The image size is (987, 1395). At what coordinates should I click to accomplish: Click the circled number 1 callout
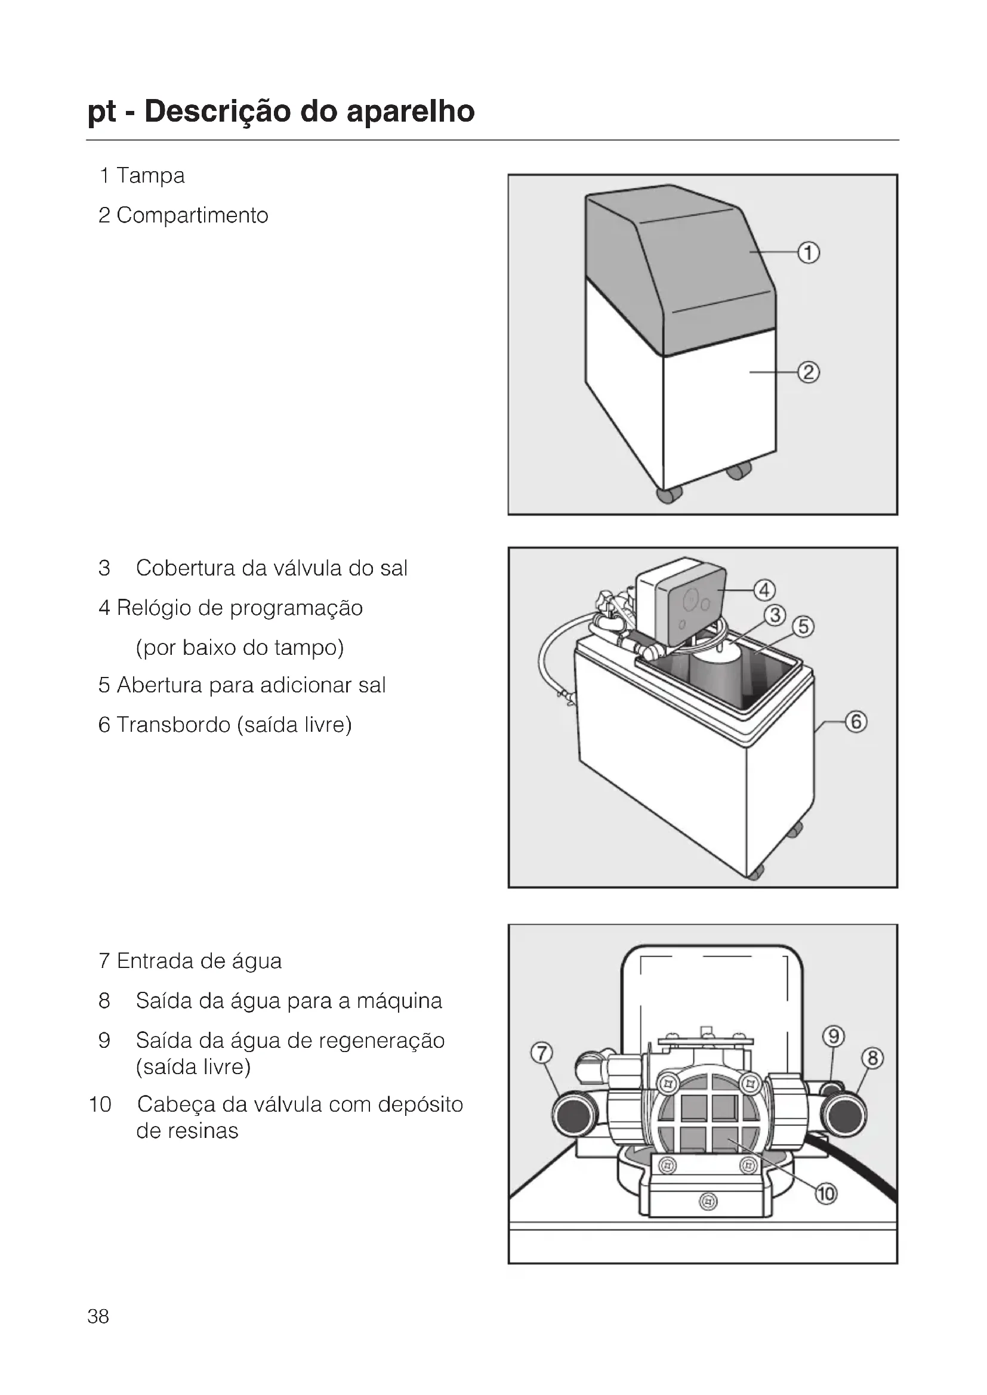click(x=809, y=252)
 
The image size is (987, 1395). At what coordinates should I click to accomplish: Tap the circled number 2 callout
click(x=809, y=372)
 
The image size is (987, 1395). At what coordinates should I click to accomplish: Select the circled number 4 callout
click(x=764, y=590)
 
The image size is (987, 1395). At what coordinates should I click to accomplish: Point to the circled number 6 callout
click(x=856, y=722)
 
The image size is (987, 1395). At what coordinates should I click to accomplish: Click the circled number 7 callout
click(x=541, y=1053)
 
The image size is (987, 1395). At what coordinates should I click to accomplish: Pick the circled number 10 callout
click(x=826, y=1194)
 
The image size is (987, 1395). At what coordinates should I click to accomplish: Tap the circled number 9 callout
click(x=834, y=1036)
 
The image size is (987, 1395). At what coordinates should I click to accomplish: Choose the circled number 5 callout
click(x=803, y=626)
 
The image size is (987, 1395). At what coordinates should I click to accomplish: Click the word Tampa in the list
click(x=150, y=176)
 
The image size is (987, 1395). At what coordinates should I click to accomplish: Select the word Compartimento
click(x=192, y=216)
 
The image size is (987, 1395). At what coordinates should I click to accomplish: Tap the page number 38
click(x=98, y=1316)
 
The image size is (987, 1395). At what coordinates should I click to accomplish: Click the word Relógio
click(x=154, y=608)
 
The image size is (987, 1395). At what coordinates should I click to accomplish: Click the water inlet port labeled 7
click(x=573, y=1114)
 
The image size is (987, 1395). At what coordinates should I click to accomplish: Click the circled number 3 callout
click(x=775, y=615)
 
